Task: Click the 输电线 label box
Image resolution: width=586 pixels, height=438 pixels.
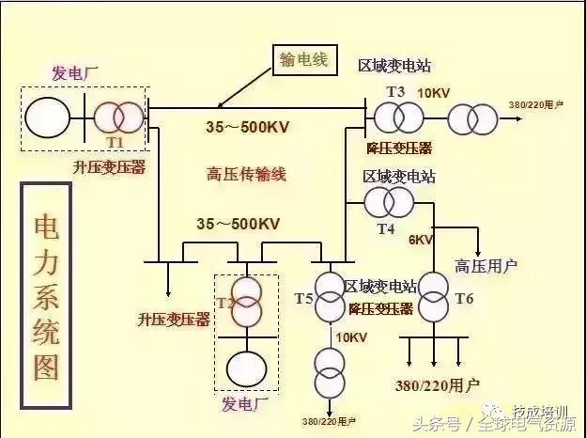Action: [x=302, y=59]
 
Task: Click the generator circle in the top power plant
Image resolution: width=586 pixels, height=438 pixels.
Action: [x=47, y=117]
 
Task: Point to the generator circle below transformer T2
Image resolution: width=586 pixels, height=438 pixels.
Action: [x=246, y=366]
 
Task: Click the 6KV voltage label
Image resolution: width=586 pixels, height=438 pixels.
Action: [x=421, y=240]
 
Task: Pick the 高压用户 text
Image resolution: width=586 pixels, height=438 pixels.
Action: [x=486, y=266]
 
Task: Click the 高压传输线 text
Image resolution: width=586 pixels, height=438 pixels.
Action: [x=245, y=173]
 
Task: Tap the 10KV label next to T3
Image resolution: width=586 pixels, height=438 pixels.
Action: [x=433, y=93]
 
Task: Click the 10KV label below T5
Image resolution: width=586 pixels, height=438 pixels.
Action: [x=350, y=337]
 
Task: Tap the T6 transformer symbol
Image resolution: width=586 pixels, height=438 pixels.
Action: [x=434, y=297]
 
